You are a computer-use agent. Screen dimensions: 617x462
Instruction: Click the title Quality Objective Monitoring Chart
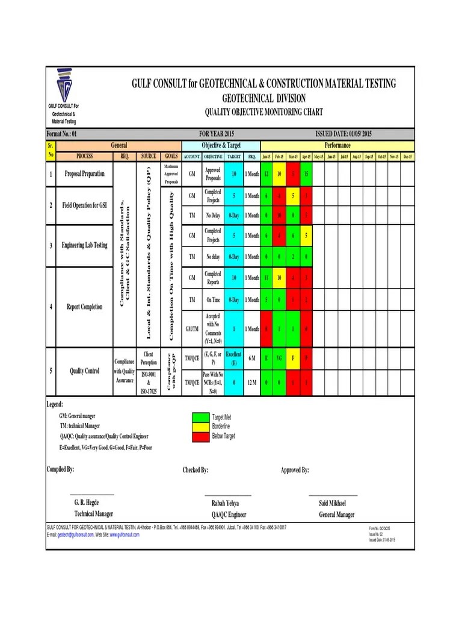coord(263,112)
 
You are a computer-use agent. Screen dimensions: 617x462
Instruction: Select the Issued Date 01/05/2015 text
coord(343,134)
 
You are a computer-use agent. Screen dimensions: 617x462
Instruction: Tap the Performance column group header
coord(337,145)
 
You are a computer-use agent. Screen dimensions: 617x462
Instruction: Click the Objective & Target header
coord(221,145)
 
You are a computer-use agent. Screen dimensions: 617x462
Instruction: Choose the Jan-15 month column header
coord(266,157)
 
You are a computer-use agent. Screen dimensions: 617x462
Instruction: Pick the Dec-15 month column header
coord(407,157)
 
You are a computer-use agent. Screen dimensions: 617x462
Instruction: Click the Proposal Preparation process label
coord(84,174)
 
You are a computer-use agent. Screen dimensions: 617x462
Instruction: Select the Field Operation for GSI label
coord(84,205)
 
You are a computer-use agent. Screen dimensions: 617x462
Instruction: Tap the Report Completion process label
coord(84,307)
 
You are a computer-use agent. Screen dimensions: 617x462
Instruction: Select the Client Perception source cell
coord(149,359)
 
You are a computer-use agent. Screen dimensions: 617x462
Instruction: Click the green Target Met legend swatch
coord(200,417)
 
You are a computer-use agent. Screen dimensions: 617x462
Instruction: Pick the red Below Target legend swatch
coord(200,436)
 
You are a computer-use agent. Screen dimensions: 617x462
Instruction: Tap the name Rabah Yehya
coord(225,503)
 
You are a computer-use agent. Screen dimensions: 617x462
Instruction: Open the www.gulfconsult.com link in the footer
coord(125,534)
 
